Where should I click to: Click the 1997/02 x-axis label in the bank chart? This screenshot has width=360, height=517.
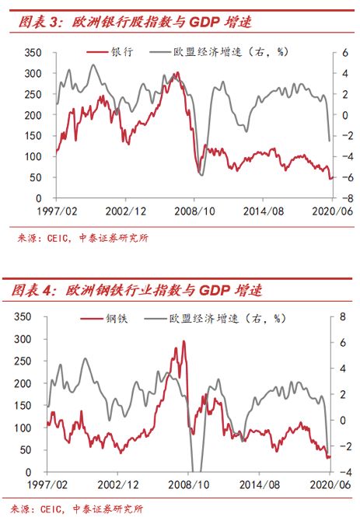click(x=58, y=211)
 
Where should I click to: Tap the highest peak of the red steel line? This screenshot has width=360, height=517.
click(x=184, y=341)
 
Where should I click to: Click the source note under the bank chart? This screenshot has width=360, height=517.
click(x=79, y=238)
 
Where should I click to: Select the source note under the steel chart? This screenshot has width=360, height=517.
click(x=79, y=508)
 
